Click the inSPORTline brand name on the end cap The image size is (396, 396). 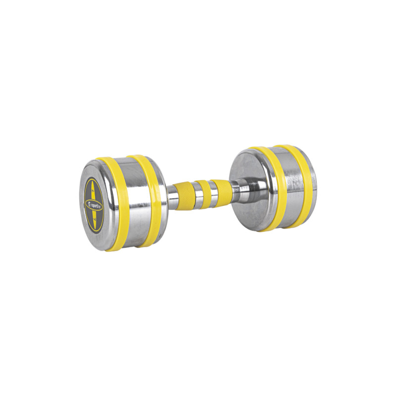(x=92, y=201)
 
